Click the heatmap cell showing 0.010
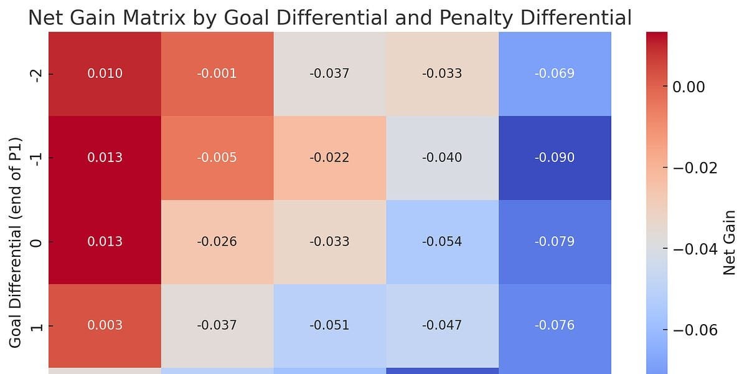(x=105, y=74)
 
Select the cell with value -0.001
(x=217, y=74)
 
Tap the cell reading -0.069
(x=554, y=74)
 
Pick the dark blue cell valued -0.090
(x=554, y=158)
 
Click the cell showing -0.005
(x=217, y=158)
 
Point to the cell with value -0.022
(x=329, y=158)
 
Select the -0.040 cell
(x=442, y=158)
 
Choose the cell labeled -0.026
(x=217, y=242)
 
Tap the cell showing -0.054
(x=442, y=242)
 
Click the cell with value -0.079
(x=554, y=242)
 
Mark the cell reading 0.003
(x=105, y=325)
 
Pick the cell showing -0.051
(x=329, y=325)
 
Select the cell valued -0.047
(x=442, y=325)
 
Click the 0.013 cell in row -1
(x=105, y=158)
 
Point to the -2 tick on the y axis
(x=36, y=74)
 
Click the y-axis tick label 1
(x=36, y=325)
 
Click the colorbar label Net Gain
(x=730, y=242)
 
